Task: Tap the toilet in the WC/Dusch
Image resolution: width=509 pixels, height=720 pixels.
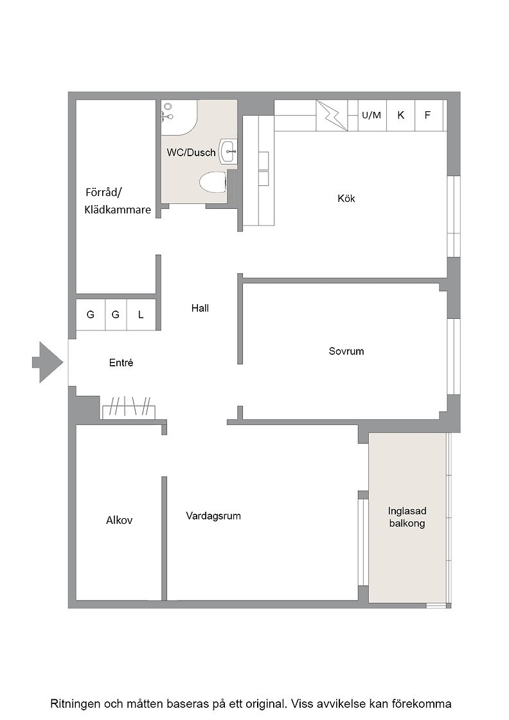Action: pos(213,183)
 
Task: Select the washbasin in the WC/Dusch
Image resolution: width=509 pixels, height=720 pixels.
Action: pos(229,151)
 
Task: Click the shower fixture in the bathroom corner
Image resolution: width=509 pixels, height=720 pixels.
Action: pos(168,112)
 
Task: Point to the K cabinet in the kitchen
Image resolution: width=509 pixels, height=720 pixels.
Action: pos(400,115)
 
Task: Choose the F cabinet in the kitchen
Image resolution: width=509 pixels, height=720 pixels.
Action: pos(429,115)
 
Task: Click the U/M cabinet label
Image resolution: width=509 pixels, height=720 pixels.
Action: pos(371,115)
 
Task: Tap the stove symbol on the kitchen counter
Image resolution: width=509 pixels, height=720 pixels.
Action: pos(332,115)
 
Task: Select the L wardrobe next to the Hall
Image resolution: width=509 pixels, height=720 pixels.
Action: pos(141,314)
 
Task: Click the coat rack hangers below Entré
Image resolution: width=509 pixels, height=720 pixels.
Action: pos(129,406)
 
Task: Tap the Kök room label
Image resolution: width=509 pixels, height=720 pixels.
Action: pos(346,199)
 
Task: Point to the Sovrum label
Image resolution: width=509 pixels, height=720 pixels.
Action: pos(346,351)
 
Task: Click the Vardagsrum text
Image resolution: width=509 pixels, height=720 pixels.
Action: pos(213,516)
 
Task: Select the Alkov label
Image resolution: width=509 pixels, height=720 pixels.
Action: pos(120,520)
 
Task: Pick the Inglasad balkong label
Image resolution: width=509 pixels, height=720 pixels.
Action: pos(407,517)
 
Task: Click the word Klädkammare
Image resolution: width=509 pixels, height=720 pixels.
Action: pos(118,210)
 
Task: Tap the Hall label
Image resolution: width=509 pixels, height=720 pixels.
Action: pos(200,308)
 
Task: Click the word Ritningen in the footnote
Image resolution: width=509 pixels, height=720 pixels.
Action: pos(75,703)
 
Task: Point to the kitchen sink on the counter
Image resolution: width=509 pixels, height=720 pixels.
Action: pos(263,168)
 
